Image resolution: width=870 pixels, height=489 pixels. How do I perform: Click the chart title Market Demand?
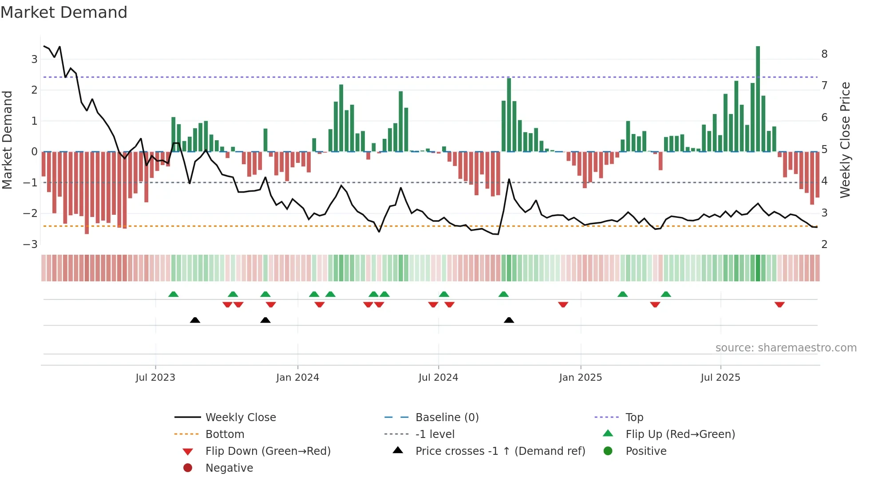(64, 12)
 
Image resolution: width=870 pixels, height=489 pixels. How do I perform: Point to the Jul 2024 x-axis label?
(438, 378)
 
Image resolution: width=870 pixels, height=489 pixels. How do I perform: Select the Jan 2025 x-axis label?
(580, 378)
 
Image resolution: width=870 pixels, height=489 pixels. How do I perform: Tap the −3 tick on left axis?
(31, 244)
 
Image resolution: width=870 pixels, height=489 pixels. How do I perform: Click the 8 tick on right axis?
(824, 54)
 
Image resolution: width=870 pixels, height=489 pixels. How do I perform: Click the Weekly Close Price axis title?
(845, 140)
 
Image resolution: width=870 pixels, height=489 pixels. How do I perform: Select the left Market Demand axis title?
(8, 140)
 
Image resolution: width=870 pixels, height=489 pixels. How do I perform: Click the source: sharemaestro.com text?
(786, 348)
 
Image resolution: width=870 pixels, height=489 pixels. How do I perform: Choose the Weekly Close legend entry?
(241, 418)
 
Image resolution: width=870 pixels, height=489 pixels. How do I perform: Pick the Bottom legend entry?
(225, 434)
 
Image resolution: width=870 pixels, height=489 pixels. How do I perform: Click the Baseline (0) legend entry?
(447, 418)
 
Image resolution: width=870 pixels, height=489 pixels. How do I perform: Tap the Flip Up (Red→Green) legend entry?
(680, 434)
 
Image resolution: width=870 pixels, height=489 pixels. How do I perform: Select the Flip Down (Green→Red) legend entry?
(268, 451)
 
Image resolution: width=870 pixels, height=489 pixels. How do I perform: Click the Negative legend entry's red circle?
(188, 468)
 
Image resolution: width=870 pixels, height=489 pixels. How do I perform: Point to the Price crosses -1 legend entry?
(500, 451)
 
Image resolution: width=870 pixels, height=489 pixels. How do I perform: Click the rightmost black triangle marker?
(509, 320)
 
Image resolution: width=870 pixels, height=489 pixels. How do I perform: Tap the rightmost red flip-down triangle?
(779, 304)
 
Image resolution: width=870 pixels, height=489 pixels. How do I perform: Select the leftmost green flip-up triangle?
(174, 294)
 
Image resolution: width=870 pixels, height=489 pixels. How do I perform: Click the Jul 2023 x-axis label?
(155, 378)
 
